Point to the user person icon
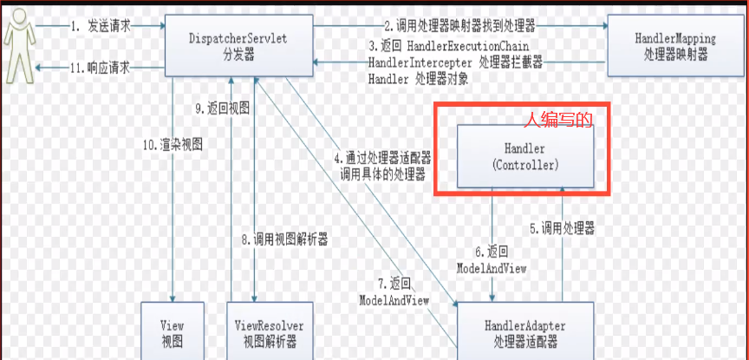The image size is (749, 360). point(18,48)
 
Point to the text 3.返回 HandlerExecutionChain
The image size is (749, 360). point(448,45)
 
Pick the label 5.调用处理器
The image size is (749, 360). point(563,229)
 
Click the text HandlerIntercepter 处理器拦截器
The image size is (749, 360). point(455,63)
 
